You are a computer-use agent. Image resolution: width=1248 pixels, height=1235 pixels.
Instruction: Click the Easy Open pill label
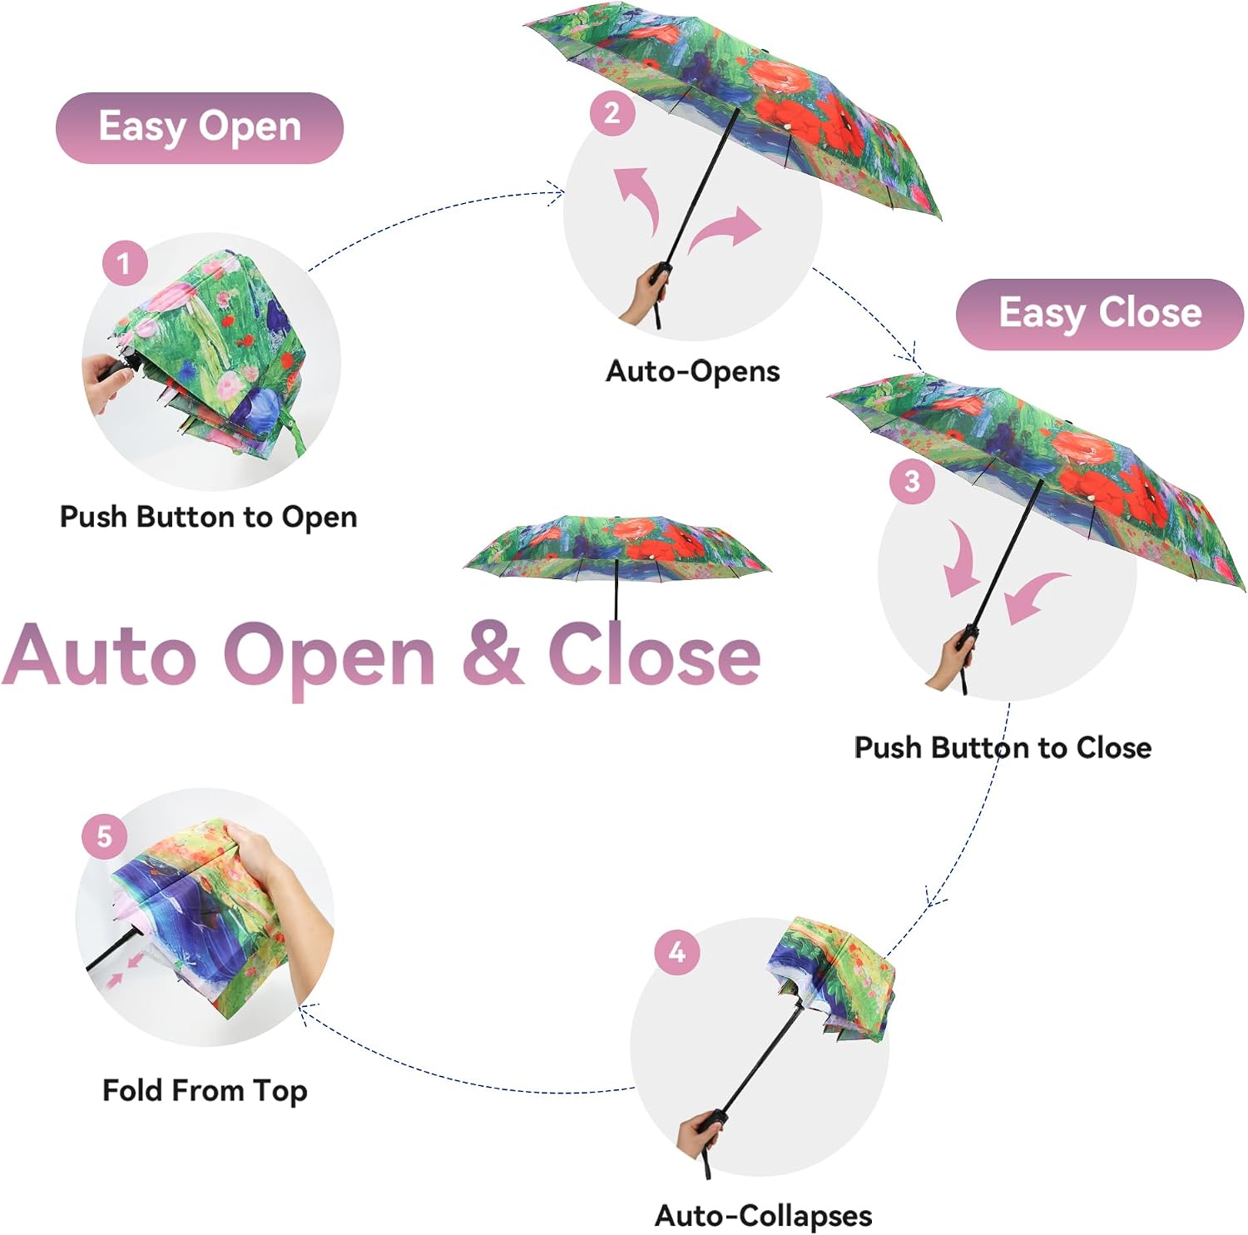[200, 127]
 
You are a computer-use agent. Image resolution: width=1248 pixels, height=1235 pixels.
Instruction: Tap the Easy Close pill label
[1100, 314]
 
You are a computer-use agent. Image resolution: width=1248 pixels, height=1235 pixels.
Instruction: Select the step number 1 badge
[125, 263]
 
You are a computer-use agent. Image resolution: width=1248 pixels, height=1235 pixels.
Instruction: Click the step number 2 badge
[612, 113]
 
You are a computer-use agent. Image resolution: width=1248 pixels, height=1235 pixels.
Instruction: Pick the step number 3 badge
[912, 481]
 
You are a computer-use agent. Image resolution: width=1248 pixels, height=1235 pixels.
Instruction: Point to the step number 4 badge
[677, 951]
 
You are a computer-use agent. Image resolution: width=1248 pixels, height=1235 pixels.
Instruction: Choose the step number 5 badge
[104, 836]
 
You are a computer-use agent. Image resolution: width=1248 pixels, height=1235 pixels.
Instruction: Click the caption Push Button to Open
[209, 518]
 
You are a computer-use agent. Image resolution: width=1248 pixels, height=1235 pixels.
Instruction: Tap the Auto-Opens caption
[693, 371]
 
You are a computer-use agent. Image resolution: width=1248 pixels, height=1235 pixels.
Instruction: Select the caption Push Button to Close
[1003, 747]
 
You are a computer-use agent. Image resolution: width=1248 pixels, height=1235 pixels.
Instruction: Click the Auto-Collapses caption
[764, 1216]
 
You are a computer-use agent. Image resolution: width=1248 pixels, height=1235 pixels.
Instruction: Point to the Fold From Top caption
[205, 1090]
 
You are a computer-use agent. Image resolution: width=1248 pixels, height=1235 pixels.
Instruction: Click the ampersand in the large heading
[493, 655]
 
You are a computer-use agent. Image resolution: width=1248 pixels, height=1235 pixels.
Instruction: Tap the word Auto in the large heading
[99, 655]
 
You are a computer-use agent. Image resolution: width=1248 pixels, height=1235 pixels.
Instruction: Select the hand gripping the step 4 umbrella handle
[701, 1134]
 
